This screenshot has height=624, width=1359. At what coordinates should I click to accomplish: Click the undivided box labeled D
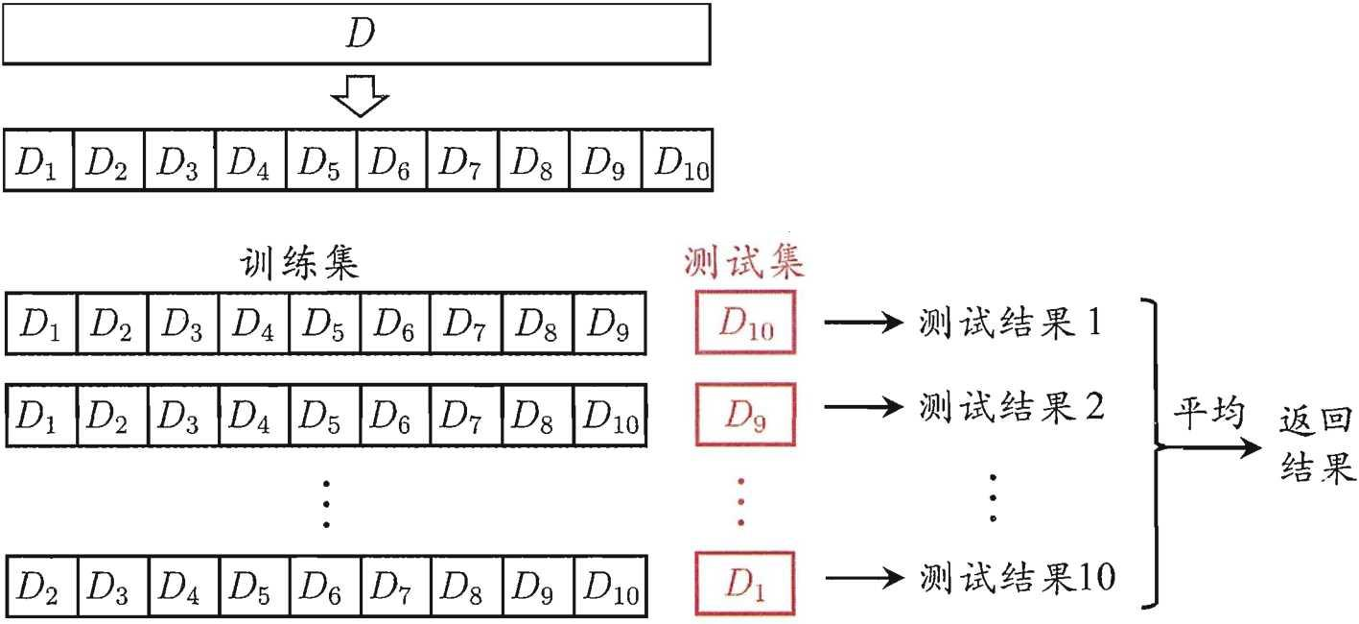pos(357,34)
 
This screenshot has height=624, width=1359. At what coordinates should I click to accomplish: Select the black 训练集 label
pos(299,263)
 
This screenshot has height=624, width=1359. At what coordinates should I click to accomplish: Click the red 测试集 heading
pos(743,261)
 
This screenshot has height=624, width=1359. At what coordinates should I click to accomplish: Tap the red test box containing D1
pos(745,581)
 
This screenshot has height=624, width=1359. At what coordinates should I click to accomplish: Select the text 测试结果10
pos(1017,577)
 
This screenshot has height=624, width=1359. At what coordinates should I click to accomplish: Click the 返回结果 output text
pos(1315,446)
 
